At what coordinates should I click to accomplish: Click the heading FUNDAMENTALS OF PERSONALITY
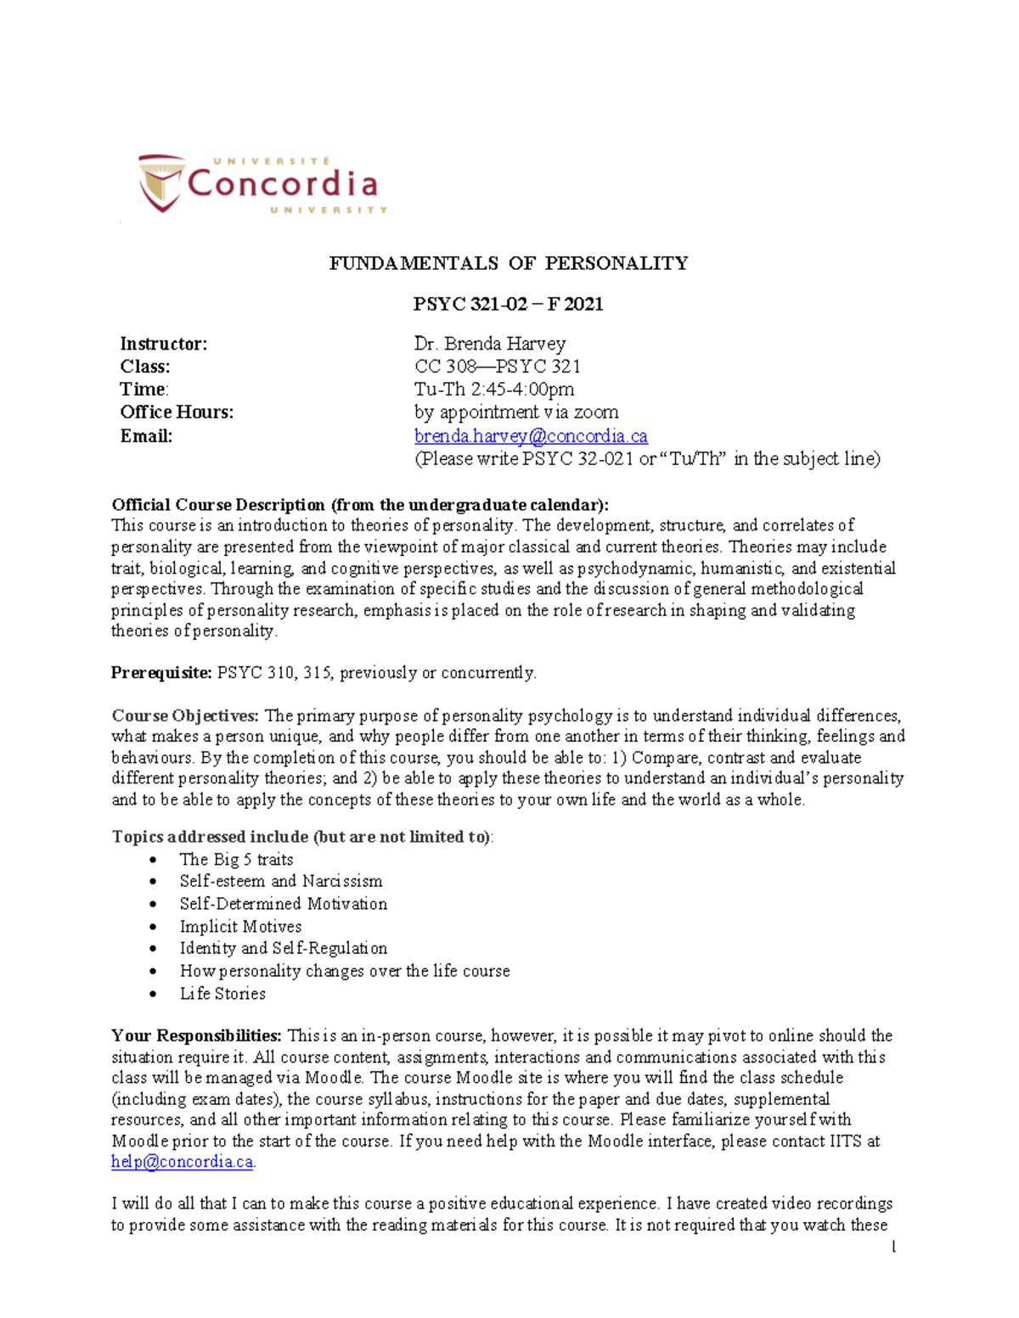pyautogui.click(x=509, y=263)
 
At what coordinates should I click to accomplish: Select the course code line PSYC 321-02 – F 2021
pyautogui.click(x=508, y=304)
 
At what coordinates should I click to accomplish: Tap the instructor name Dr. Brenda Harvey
pyautogui.click(x=489, y=344)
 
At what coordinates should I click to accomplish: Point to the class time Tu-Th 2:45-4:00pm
pyautogui.click(x=493, y=390)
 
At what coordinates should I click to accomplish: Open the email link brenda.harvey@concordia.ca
pyautogui.click(x=531, y=436)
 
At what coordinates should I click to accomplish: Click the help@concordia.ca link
pyautogui.click(x=182, y=1162)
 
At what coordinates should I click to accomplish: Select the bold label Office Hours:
pyautogui.click(x=177, y=412)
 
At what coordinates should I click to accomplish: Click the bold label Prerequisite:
pyautogui.click(x=161, y=673)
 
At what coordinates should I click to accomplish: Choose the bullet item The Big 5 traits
pyautogui.click(x=236, y=860)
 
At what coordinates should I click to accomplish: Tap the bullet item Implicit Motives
pyautogui.click(x=240, y=927)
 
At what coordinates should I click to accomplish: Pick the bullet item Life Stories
pyautogui.click(x=222, y=994)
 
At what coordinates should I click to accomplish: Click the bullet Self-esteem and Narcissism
pyautogui.click(x=281, y=882)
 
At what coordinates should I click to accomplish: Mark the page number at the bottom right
pyautogui.click(x=893, y=1248)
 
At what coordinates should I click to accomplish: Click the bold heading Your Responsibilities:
pyautogui.click(x=196, y=1036)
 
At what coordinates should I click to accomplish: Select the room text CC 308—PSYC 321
pyautogui.click(x=498, y=367)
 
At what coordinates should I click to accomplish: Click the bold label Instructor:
pyautogui.click(x=163, y=344)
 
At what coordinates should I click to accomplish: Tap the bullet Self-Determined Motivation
pyautogui.click(x=283, y=904)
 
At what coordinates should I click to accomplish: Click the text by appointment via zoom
pyautogui.click(x=516, y=412)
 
